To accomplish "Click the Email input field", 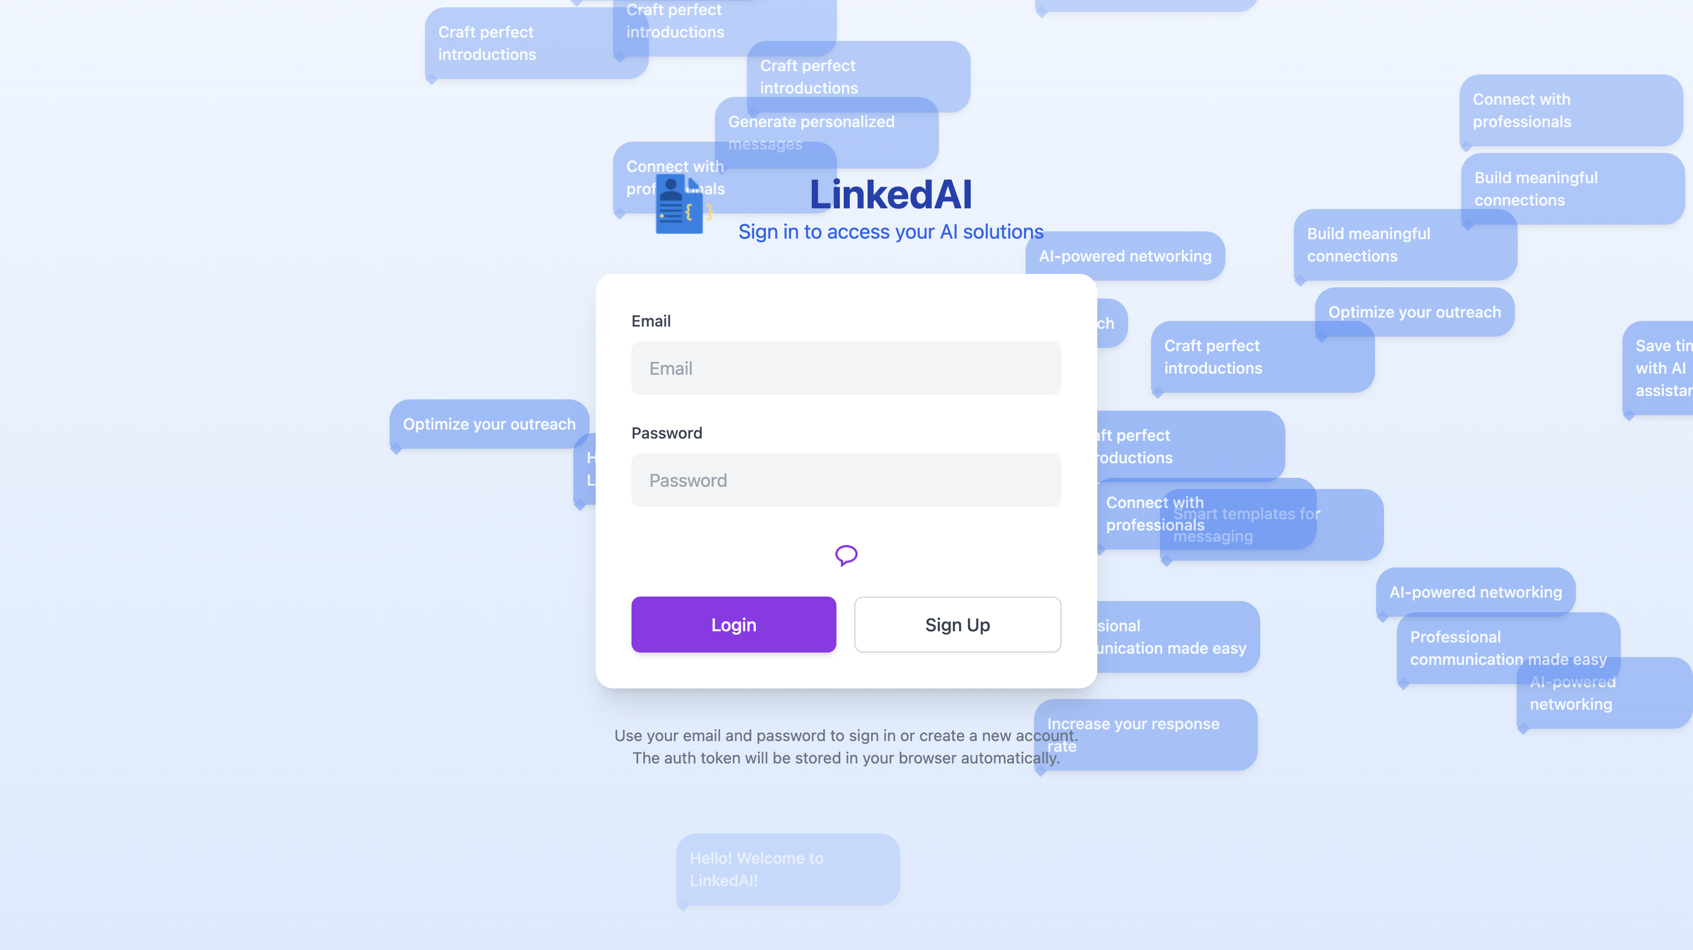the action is click(x=846, y=368).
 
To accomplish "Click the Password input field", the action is click(x=846, y=481).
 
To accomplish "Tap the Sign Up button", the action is click(x=957, y=625).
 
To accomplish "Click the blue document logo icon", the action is click(x=680, y=206).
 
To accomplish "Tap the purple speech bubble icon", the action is click(x=846, y=556).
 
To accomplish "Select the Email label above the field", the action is click(x=651, y=321).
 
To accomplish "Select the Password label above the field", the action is click(x=666, y=433).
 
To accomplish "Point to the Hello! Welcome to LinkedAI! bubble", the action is click(x=787, y=869).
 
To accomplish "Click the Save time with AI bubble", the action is click(x=1659, y=368).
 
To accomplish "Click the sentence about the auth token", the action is click(x=846, y=758).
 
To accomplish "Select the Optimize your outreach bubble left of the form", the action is click(x=489, y=425).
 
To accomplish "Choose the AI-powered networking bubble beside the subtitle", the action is click(x=1125, y=257).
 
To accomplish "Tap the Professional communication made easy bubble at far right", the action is click(x=1508, y=648).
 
